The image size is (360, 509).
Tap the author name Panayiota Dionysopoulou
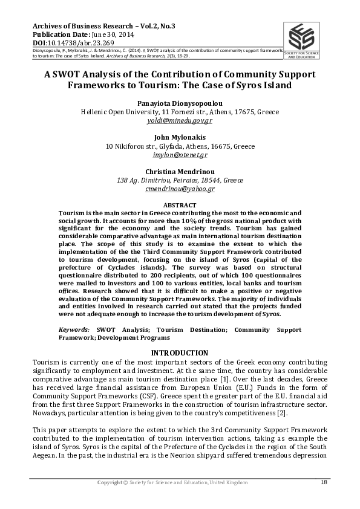[180, 103]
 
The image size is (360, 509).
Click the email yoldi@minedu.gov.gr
[180, 120]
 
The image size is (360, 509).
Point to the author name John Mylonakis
[180, 137]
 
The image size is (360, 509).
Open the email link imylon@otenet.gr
[180, 155]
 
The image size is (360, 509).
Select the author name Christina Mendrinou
[180, 172]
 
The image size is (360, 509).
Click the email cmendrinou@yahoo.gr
[180, 189]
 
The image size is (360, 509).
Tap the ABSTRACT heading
[180, 206]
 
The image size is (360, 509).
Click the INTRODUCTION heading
[180, 352]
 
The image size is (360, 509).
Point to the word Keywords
[73, 330]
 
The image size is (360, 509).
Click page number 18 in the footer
[323, 482]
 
